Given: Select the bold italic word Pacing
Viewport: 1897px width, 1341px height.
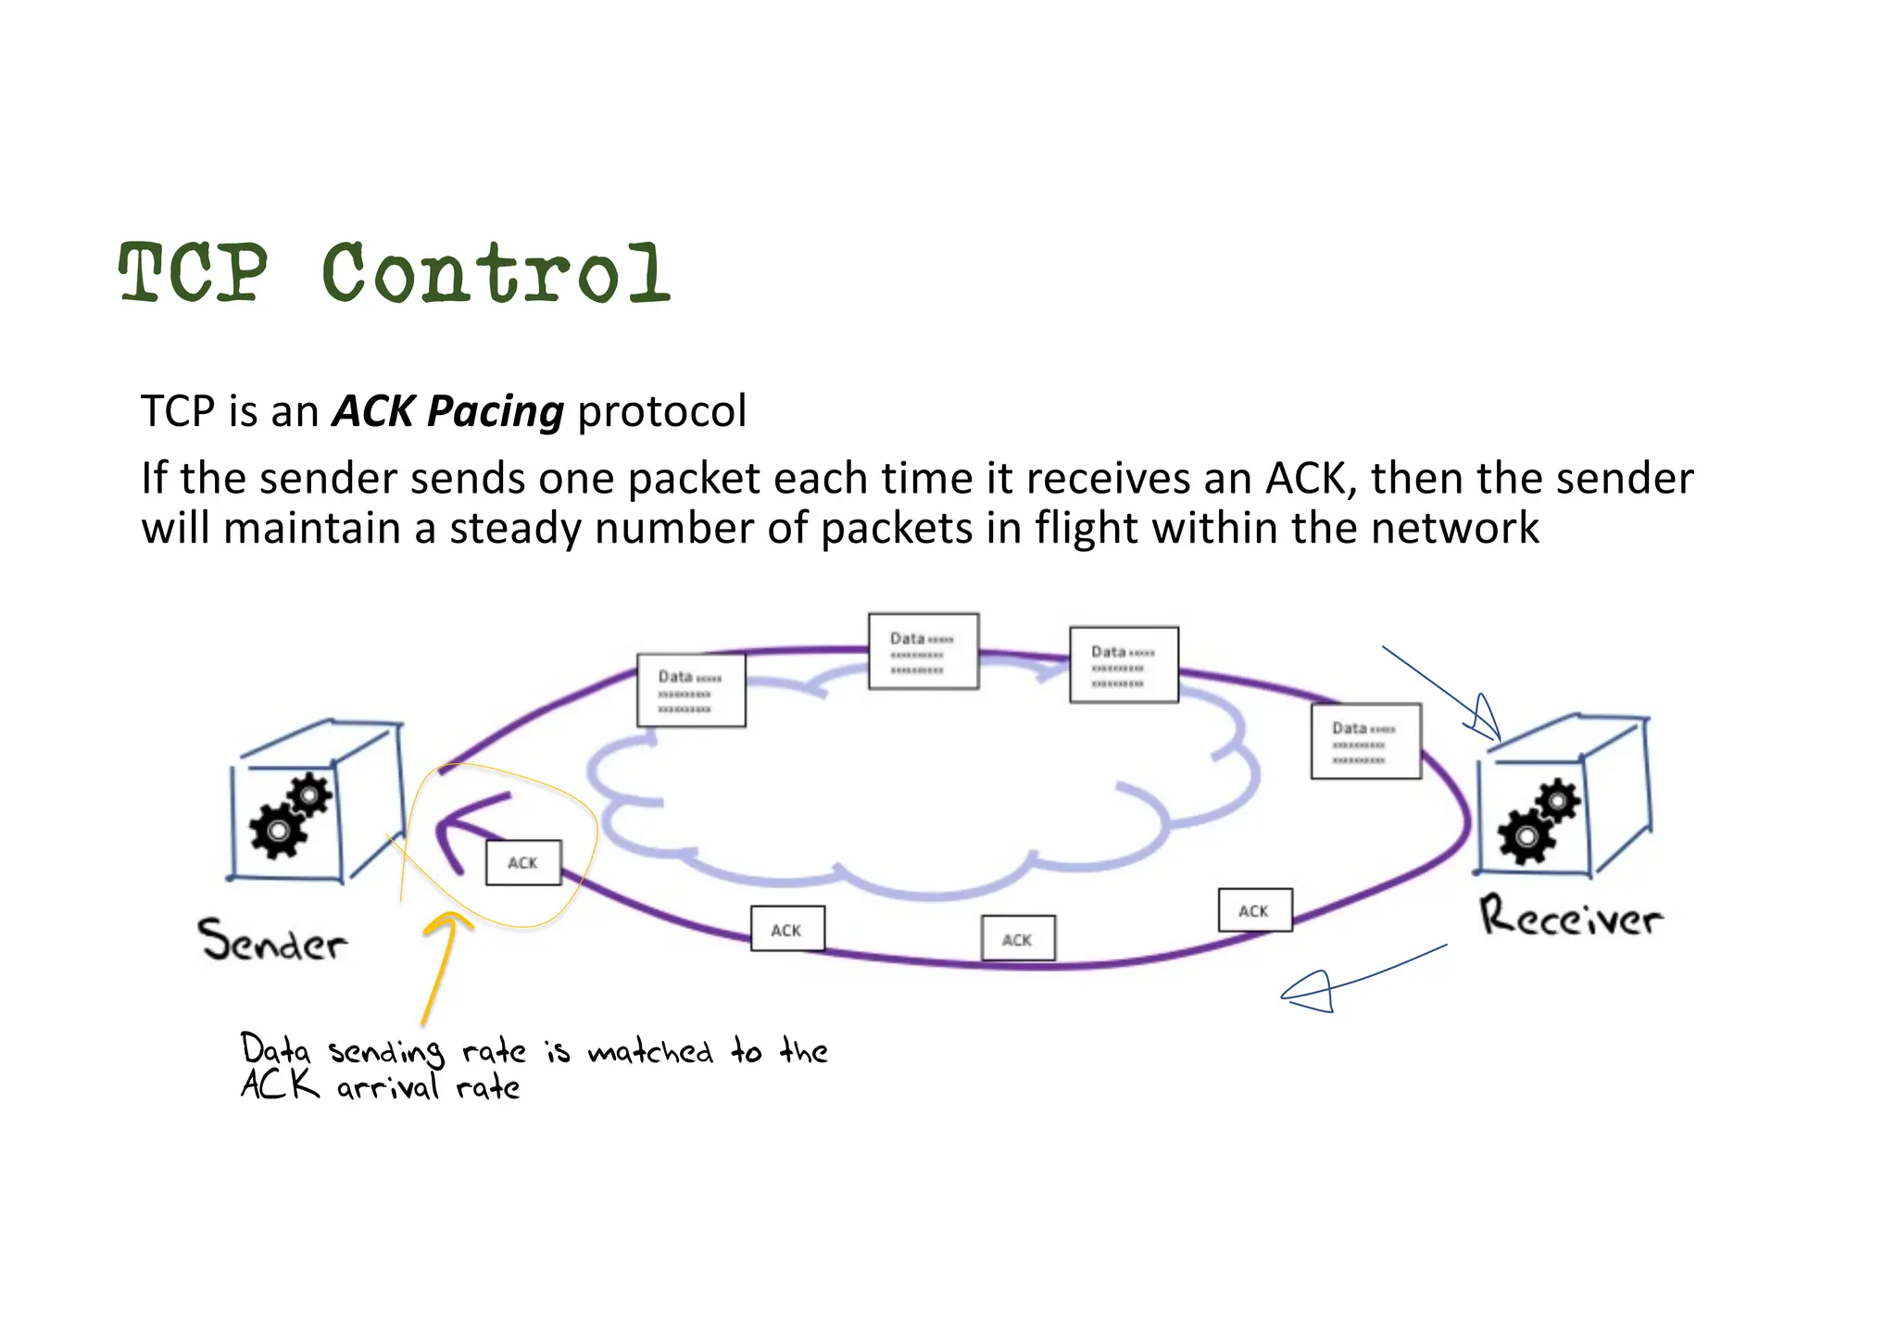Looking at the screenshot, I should pos(496,411).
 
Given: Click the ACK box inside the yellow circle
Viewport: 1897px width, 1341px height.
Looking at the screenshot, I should pos(523,862).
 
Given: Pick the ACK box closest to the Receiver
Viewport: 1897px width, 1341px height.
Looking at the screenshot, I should pos(1254,910).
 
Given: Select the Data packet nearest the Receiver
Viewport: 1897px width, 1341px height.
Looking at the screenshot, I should pos(1365,741).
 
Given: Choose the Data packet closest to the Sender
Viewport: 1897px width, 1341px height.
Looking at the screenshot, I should pos(691,690).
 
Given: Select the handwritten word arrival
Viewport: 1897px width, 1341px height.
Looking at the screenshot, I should pos(387,1087).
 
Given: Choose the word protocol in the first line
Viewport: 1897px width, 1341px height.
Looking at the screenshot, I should pos(661,411).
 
